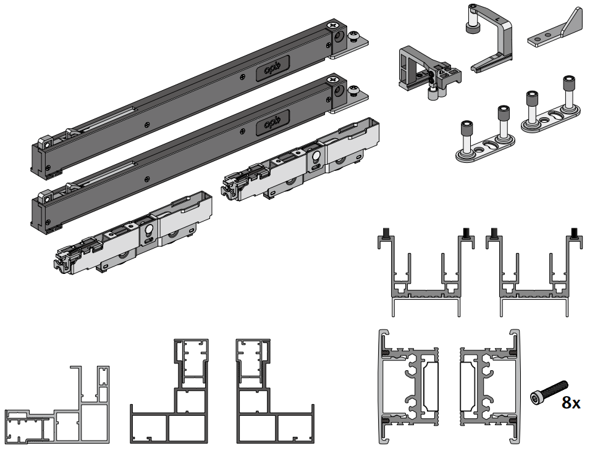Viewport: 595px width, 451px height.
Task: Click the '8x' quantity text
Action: point(570,403)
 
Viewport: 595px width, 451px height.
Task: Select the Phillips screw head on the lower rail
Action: point(334,79)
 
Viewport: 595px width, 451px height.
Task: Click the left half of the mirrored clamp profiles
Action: point(411,386)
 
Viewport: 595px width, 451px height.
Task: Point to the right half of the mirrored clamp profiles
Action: point(488,386)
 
